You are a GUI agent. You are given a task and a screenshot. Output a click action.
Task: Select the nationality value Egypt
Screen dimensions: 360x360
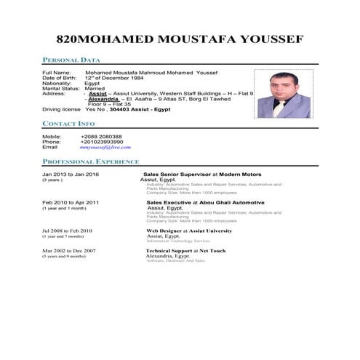coord(93,83)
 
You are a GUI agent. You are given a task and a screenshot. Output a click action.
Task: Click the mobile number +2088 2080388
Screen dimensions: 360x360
coord(102,136)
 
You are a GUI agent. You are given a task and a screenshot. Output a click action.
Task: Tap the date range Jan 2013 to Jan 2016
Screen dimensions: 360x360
coord(71,175)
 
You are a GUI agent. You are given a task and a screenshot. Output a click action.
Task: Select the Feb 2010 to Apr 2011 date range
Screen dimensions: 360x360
coord(71,202)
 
